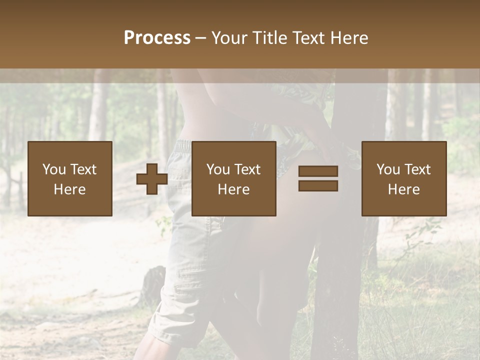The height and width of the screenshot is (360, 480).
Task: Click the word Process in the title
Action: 157,38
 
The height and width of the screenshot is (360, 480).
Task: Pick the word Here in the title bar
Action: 348,38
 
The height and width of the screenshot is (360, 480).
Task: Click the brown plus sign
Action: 152,179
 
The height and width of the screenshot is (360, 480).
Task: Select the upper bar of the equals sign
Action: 318,171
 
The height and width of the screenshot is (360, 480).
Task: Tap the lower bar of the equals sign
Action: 318,185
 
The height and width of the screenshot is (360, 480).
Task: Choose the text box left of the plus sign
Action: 70,178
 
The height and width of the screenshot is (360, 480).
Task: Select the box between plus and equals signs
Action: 234,178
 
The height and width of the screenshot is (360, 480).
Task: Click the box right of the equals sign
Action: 404,178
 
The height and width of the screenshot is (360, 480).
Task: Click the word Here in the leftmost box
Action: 70,189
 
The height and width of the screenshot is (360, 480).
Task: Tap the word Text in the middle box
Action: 247,169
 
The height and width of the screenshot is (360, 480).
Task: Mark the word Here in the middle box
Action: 234,189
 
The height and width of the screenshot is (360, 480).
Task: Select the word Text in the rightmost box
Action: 417,169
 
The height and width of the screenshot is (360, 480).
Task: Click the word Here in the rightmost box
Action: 404,189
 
